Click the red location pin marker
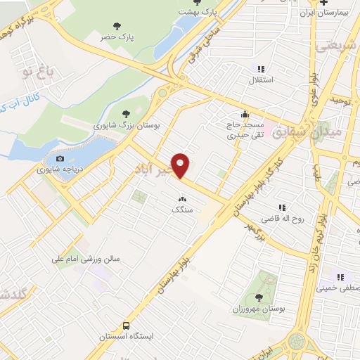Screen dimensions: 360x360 pyautogui.click(x=181, y=165)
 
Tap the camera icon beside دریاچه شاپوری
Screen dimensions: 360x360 pyautogui.click(x=60, y=159)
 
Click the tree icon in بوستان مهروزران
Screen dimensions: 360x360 pyautogui.click(x=259, y=297)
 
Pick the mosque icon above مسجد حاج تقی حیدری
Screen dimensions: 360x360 pyautogui.click(x=244, y=115)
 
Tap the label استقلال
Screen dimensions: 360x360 pyautogui.click(x=267, y=80)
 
